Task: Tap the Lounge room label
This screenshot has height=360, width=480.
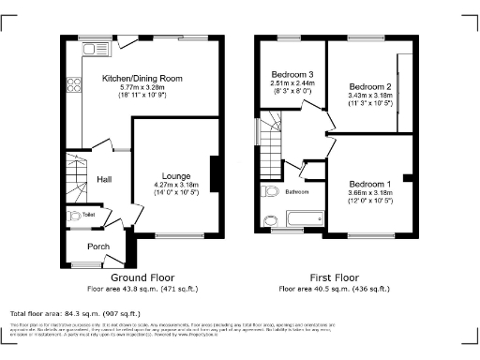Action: coord(176,176)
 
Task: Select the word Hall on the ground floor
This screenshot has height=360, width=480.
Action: coord(105,180)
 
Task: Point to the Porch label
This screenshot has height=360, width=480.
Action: coord(97,247)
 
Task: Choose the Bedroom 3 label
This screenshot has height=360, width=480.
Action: coord(292,74)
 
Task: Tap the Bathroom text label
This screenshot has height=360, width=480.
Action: coord(297,191)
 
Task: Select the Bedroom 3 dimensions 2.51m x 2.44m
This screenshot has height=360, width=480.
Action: coord(292,82)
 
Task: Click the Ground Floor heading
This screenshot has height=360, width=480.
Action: coord(143,278)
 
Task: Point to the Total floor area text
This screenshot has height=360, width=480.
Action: coord(75,313)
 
